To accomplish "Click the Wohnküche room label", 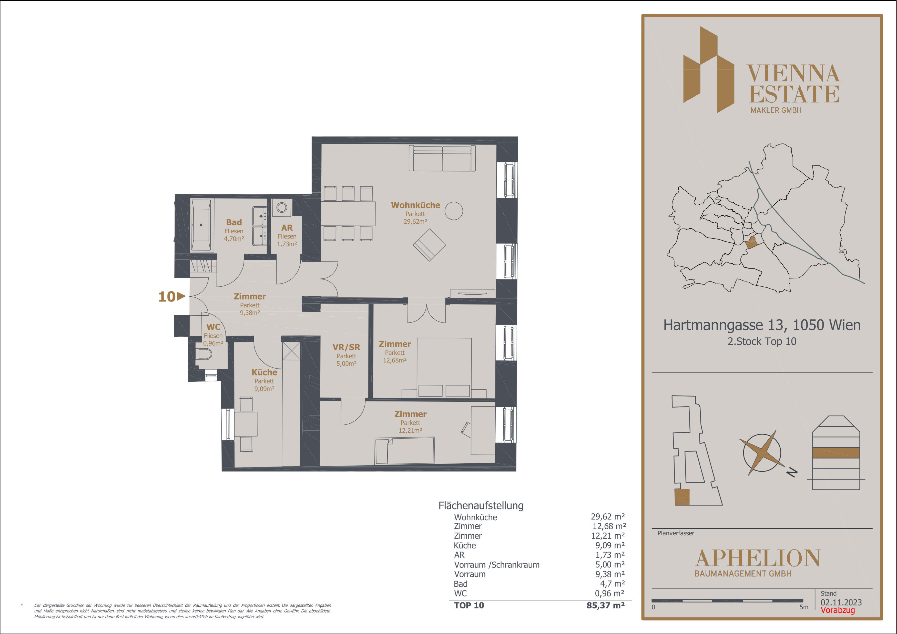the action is tap(415, 205).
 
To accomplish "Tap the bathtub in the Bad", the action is tap(201, 225).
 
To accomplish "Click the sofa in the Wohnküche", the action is tap(442, 158).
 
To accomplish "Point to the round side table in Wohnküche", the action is tap(454, 211).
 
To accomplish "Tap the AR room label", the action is tap(287, 228).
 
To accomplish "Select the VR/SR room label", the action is tap(346, 347).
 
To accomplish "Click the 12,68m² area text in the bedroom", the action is tap(395, 360).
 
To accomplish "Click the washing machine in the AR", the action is tap(282, 207).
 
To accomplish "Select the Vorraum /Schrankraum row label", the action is tap(497, 565).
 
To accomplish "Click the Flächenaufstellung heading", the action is tap(481, 506).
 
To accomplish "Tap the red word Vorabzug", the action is tap(838, 610).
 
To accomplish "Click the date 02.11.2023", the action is tap(841, 602).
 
